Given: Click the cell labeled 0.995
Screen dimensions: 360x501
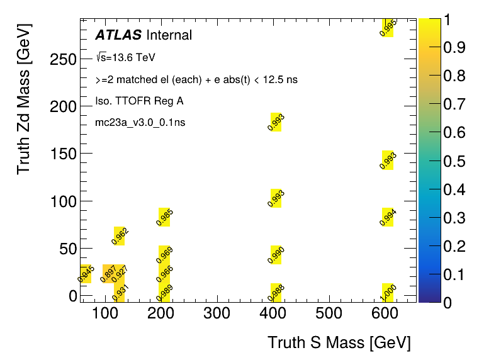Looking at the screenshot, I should point(388,28).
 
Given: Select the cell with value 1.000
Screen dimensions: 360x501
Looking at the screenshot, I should point(388,293).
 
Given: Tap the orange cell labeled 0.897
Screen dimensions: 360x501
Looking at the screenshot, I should point(108,273).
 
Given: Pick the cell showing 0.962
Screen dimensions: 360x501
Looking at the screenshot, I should point(119,235).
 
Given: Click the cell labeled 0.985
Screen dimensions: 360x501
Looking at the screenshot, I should point(164,217).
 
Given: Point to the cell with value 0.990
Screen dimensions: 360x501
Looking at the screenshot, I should point(276,254).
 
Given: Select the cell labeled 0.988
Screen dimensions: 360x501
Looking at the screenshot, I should point(276,293).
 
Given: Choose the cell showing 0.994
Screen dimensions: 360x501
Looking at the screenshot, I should point(388,217).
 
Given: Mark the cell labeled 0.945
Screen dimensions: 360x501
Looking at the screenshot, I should point(86,273).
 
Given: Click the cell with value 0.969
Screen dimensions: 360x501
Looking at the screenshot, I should point(164,254).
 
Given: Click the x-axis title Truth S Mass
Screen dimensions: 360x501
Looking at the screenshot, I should point(339,343).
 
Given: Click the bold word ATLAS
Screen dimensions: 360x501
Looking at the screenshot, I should point(118,35).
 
